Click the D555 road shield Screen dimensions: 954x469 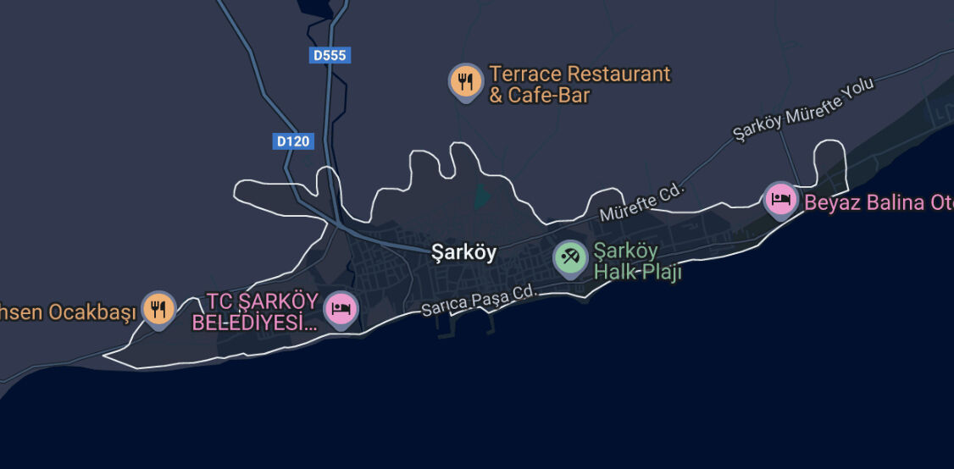click(x=329, y=56)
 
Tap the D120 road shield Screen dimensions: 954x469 click(x=293, y=141)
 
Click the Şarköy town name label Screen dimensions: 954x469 click(x=463, y=252)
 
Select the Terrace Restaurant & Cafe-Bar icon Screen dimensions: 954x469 click(x=465, y=81)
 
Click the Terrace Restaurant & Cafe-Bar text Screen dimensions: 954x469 click(x=580, y=85)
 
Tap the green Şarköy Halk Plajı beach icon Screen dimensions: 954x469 click(x=570, y=258)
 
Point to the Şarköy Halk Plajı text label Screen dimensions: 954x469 click(x=636, y=262)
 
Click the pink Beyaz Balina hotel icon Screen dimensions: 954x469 click(x=779, y=200)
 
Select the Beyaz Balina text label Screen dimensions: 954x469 click(x=877, y=203)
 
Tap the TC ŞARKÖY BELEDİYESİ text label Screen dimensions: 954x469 click(x=255, y=312)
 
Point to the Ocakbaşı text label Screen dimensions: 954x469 click(x=68, y=312)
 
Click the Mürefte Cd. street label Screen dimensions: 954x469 click(x=641, y=203)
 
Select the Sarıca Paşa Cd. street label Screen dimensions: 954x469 click(x=480, y=301)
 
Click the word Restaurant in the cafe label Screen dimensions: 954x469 click(x=618, y=74)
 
